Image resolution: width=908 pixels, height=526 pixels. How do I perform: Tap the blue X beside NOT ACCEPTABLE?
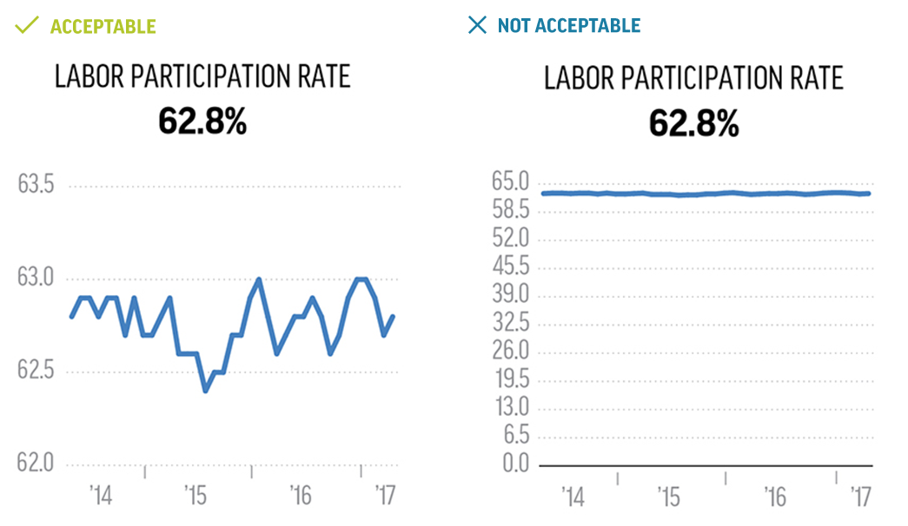477,24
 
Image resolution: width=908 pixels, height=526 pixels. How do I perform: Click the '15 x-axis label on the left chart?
196,496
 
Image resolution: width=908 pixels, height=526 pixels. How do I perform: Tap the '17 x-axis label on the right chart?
860,497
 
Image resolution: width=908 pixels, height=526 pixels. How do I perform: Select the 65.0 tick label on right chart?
510,182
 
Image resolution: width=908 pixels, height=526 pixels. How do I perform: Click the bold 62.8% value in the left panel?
202,122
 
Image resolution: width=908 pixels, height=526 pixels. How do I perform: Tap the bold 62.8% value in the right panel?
693,123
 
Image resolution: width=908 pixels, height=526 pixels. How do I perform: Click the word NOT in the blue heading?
514,25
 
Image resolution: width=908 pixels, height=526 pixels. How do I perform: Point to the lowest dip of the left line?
206,391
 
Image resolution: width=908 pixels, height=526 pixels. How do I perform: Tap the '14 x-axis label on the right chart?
573,497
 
